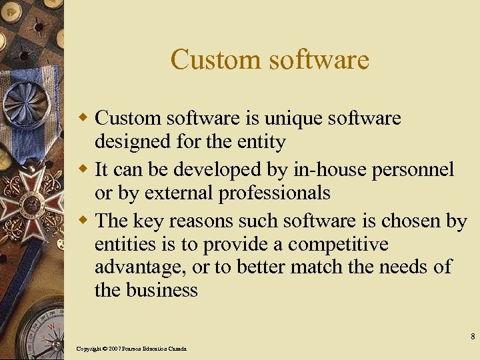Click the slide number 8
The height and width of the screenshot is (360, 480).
[x=472, y=335]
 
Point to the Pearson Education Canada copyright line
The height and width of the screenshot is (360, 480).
[x=131, y=349]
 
